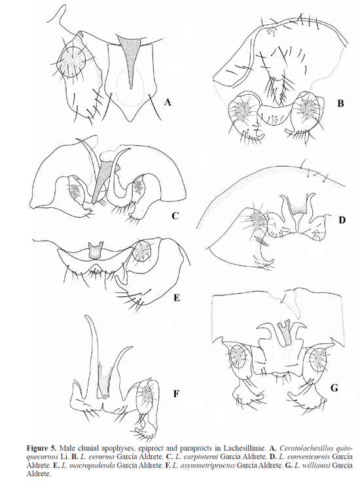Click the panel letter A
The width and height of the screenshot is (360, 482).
[168, 102]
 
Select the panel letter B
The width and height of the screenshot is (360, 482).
[340, 103]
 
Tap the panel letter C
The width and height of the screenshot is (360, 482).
[175, 216]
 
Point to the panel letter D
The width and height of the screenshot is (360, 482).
[342, 220]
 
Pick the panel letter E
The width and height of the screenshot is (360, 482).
[176, 298]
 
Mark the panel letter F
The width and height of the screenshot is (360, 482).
[176, 394]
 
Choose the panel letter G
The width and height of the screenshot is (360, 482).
[334, 388]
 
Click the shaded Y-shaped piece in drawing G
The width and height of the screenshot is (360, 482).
[286, 332]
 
